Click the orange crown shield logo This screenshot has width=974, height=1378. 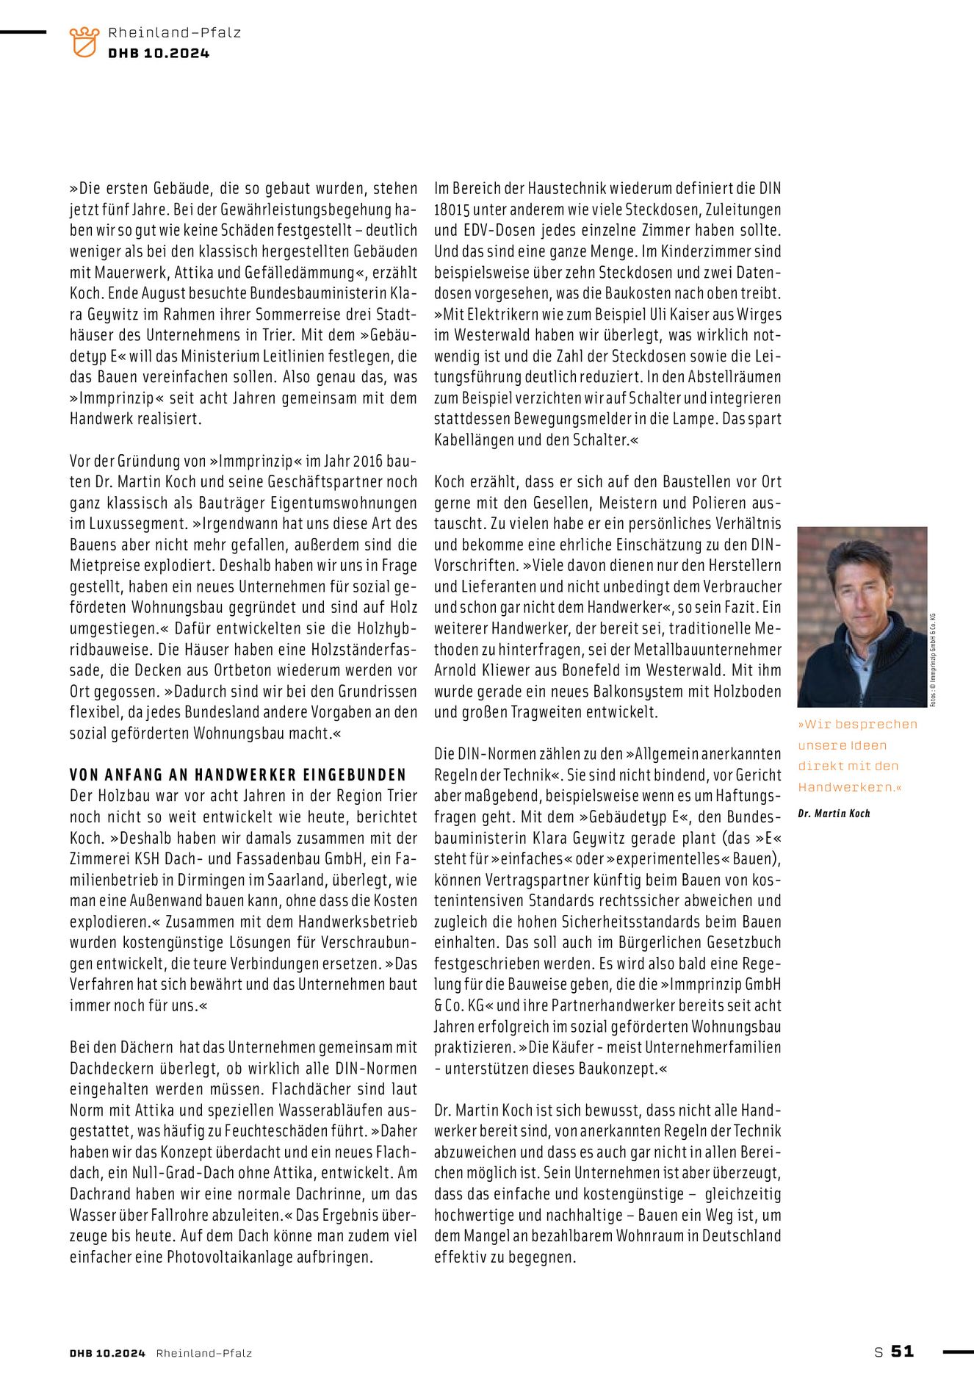[x=84, y=42]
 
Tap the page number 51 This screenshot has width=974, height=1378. [x=902, y=1351]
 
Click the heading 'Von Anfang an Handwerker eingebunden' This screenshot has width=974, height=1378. [x=238, y=775]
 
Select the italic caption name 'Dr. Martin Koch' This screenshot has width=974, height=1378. [x=834, y=814]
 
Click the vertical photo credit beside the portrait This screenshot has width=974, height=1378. [x=933, y=659]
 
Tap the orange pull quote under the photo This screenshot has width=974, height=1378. [x=857, y=756]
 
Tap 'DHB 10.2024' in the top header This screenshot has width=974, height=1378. [x=159, y=53]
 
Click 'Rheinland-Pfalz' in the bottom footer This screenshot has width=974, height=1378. [x=203, y=1353]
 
